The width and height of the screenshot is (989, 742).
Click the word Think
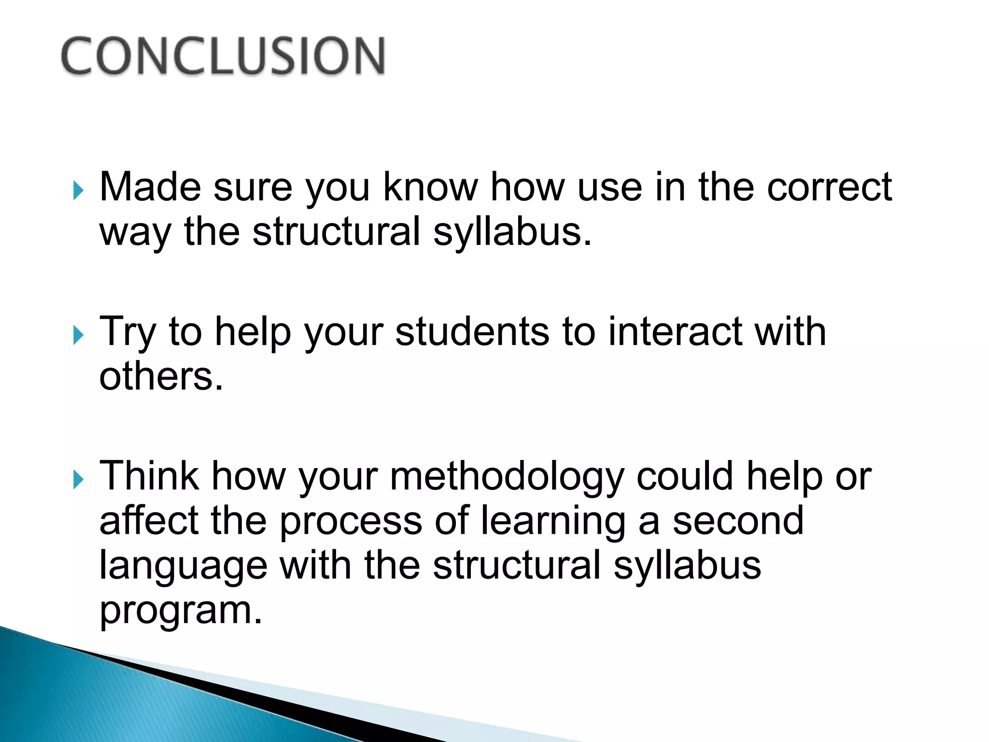149,476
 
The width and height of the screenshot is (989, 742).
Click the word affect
149,521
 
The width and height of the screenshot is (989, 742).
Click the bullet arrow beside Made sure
78,190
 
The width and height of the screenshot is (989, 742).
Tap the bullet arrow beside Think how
78,480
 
